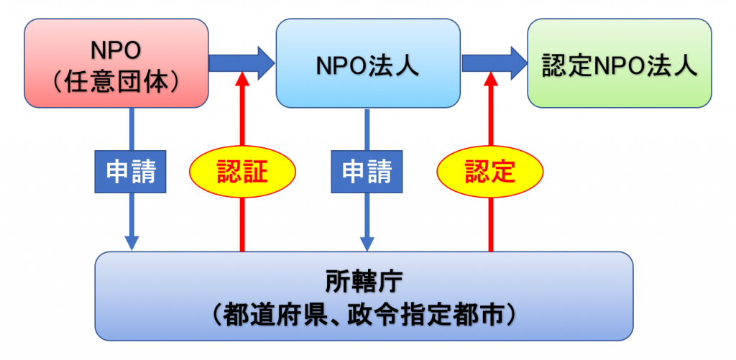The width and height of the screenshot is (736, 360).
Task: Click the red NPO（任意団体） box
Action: point(116,63)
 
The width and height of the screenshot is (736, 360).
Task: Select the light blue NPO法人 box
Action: point(368,63)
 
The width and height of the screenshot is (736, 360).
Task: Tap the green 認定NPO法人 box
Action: point(620,63)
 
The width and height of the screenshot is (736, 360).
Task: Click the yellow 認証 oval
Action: point(242,172)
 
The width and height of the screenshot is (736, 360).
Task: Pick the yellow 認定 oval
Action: point(490,172)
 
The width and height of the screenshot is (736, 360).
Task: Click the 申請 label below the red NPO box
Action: point(130,172)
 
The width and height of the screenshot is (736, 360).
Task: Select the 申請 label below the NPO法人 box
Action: point(367,172)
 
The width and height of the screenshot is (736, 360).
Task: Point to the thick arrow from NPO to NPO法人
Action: point(241,63)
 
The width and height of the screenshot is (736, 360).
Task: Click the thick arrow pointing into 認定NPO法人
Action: point(494,63)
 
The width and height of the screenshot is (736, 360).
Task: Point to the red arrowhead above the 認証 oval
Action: point(242,79)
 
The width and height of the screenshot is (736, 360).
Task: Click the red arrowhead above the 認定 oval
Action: point(490,79)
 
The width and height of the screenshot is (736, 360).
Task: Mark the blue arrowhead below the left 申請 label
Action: point(132,243)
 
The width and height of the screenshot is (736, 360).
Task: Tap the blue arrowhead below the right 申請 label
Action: point(367,243)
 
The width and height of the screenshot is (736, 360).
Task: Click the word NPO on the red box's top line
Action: point(116,50)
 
